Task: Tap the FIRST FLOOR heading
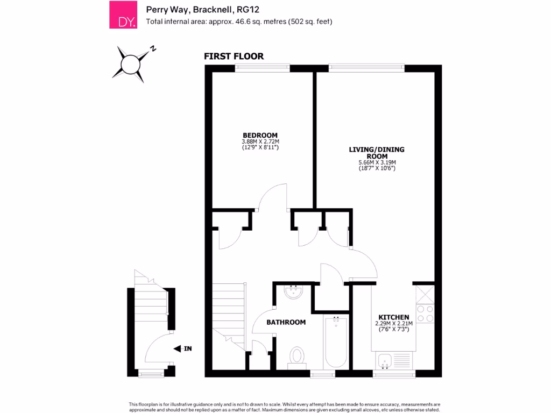pyautogui.click(x=234, y=56)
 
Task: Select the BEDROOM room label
pyautogui.click(x=260, y=135)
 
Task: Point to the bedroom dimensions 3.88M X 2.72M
pyautogui.click(x=260, y=141)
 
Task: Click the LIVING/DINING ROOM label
pyautogui.click(x=377, y=152)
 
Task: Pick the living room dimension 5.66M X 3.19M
pyautogui.click(x=377, y=162)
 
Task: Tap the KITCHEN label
pyautogui.click(x=394, y=317)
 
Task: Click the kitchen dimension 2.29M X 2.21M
pyautogui.click(x=393, y=324)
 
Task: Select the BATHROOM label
pyautogui.click(x=286, y=322)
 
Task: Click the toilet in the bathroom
pyautogui.click(x=296, y=357)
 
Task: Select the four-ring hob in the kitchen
pyautogui.click(x=425, y=314)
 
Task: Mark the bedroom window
pyautogui.click(x=263, y=68)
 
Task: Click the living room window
pyautogui.click(x=366, y=68)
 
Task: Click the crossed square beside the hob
pyautogui.click(x=425, y=294)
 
